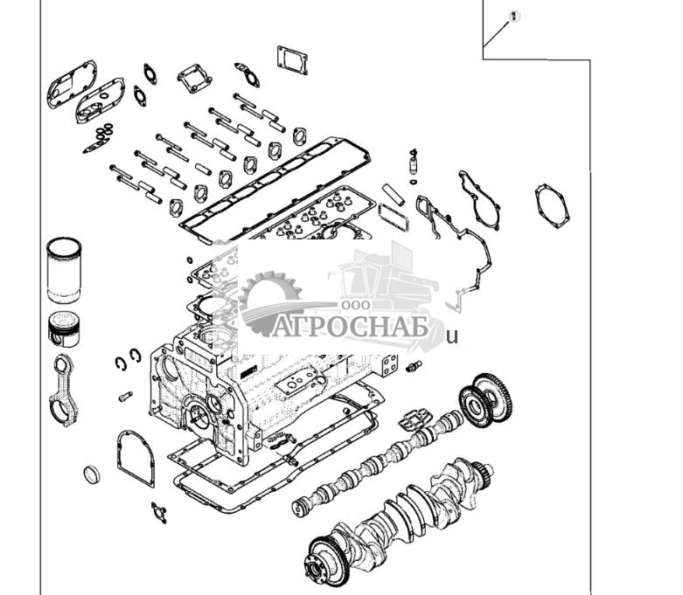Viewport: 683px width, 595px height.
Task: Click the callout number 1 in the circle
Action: click(x=514, y=17)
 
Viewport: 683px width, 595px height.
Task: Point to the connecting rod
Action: click(x=64, y=390)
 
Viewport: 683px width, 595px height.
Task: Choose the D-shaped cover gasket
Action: click(x=135, y=456)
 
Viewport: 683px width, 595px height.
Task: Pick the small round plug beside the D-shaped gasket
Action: click(x=92, y=475)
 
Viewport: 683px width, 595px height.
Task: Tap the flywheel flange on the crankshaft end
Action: click(x=329, y=558)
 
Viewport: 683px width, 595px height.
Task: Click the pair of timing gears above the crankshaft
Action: click(x=488, y=399)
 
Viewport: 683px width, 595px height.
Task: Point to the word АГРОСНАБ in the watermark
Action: click(x=348, y=326)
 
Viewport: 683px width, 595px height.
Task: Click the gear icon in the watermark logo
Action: click(x=265, y=301)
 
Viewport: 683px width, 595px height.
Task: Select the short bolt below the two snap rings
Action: click(x=125, y=396)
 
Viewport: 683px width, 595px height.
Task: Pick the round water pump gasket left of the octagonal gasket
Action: click(x=480, y=198)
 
